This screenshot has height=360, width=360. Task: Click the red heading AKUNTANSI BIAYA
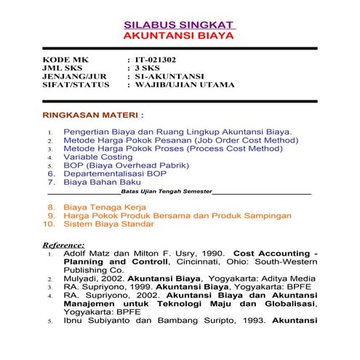(179, 34)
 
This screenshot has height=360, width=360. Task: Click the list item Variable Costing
(98, 156)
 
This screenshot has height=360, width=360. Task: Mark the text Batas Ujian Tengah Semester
(166, 191)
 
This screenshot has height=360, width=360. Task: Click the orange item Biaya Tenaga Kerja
(105, 207)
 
